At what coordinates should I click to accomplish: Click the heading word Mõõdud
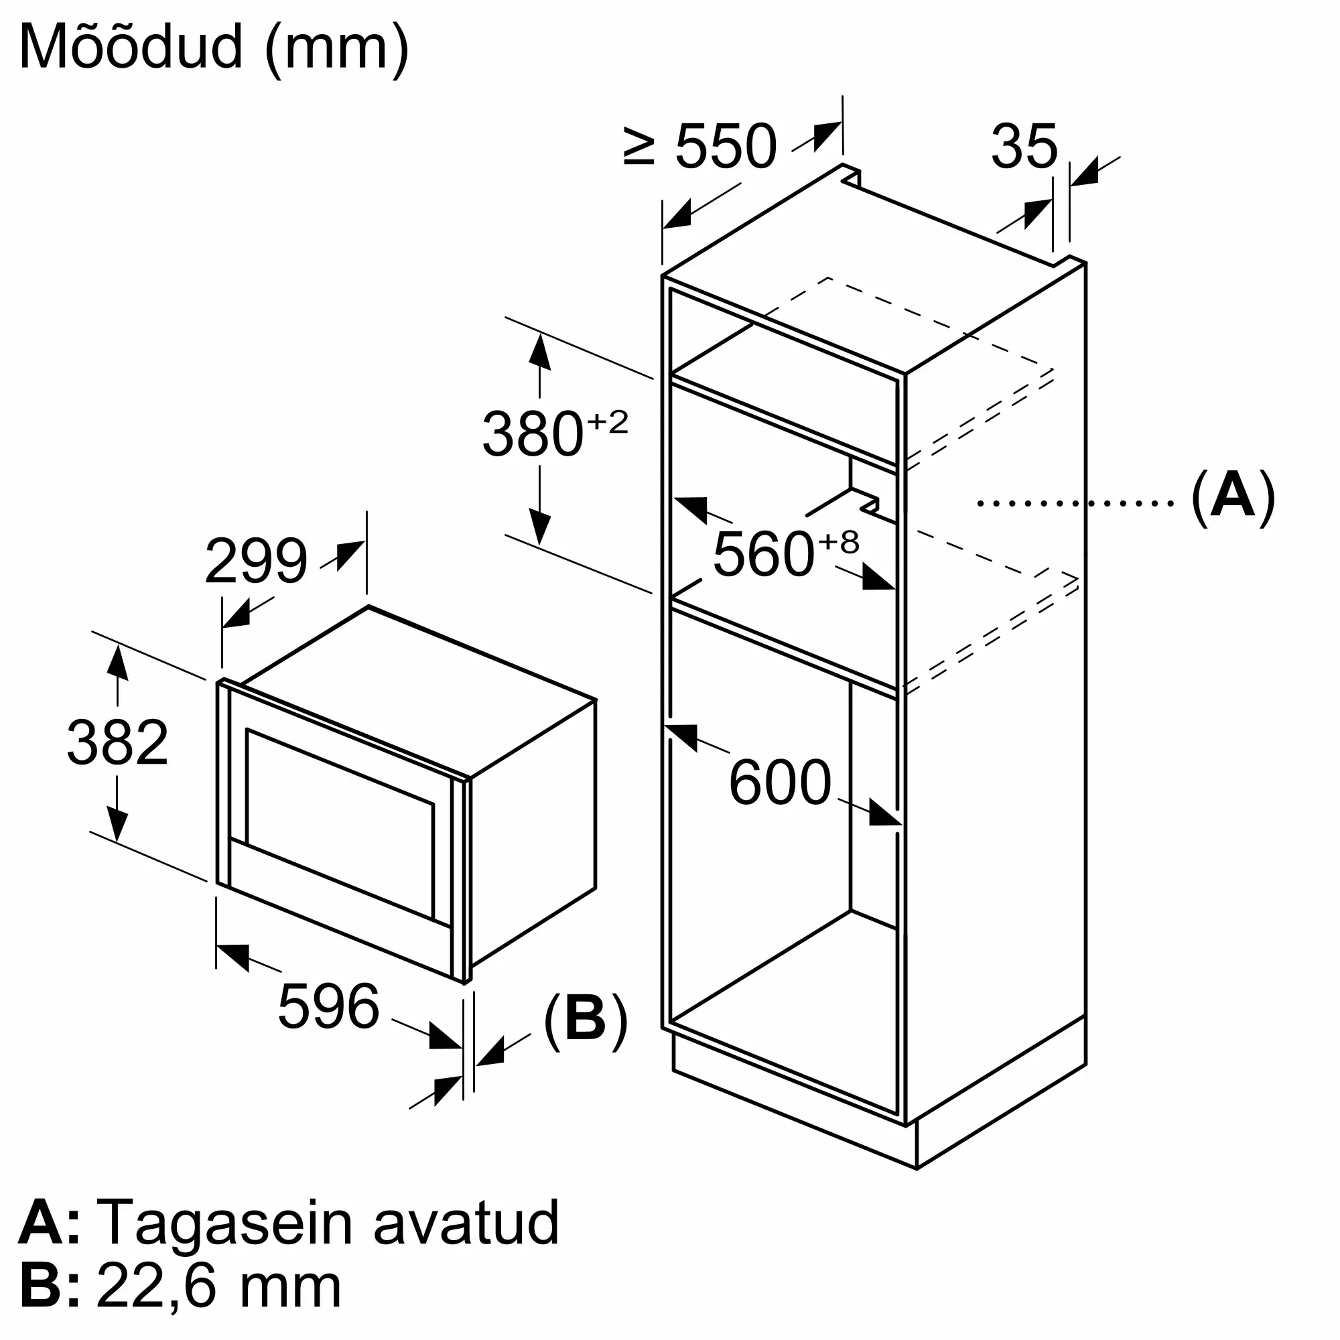point(132,47)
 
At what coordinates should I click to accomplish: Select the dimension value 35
point(1024,146)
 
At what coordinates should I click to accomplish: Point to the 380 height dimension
point(533,435)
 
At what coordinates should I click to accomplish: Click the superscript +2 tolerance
point(608,421)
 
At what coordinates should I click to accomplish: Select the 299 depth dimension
point(256,561)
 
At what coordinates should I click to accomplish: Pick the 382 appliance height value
point(117,742)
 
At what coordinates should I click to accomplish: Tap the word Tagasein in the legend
point(224,1222)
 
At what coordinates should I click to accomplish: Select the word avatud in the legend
point(466,1222)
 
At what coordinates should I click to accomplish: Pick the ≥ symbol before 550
point(639,146)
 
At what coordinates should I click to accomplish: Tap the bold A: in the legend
point(48,1222)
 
